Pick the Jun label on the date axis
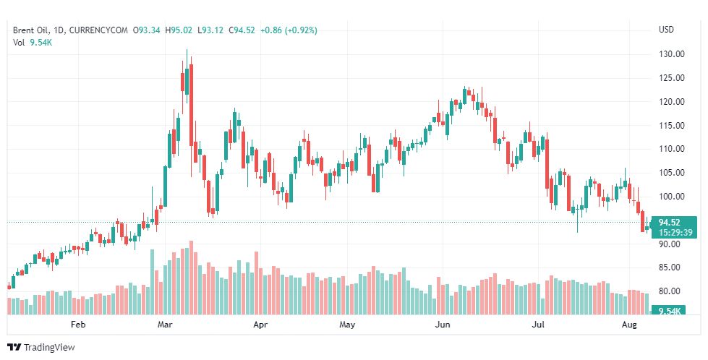443,325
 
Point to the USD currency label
666,30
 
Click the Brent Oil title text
33,30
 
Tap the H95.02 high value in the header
180,30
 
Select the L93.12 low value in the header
210,30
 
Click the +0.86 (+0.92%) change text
289,30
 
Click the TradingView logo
41,348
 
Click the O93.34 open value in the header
148,30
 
